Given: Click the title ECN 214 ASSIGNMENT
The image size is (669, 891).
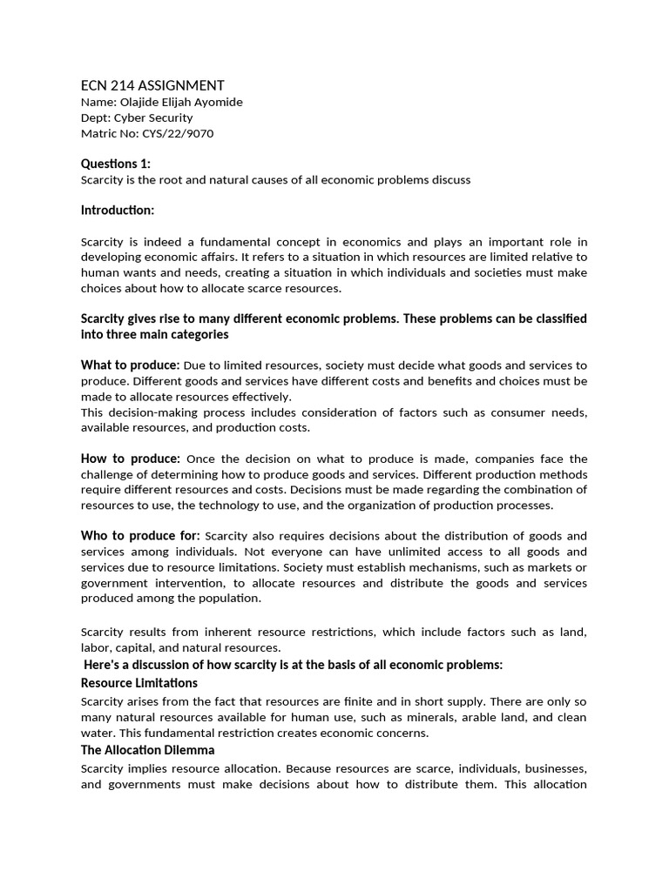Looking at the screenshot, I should pos(152,85).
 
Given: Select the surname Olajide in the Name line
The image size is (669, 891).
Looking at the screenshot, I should pos(140,102).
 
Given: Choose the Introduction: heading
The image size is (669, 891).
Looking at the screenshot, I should pos(118,211).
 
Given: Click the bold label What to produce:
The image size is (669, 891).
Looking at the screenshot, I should pos(131,365).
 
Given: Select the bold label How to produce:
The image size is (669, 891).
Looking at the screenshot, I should pos(131,459).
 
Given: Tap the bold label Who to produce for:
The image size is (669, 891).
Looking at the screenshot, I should pos(140,535).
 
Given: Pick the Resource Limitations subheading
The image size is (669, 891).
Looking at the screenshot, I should pos(139,683).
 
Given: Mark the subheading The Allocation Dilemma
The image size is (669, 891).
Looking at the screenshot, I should pos(148,750).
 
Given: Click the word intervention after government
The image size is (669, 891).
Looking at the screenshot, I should pos(184,583).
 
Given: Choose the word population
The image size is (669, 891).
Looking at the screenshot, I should pos(232,599).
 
